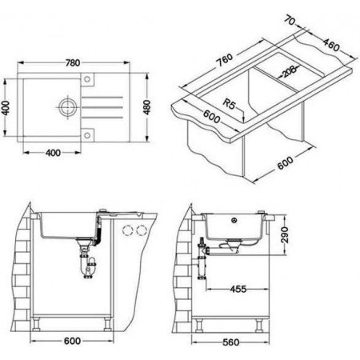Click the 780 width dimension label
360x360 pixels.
73,63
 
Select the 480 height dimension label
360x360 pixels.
146,107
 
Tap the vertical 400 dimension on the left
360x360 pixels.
6,107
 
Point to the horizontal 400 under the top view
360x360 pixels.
53,153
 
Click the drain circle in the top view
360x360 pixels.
66,107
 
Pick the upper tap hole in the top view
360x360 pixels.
87,79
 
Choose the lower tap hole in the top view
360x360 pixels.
87,135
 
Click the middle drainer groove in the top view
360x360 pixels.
102,107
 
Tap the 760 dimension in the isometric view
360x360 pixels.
224,61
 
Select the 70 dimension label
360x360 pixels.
290,21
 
